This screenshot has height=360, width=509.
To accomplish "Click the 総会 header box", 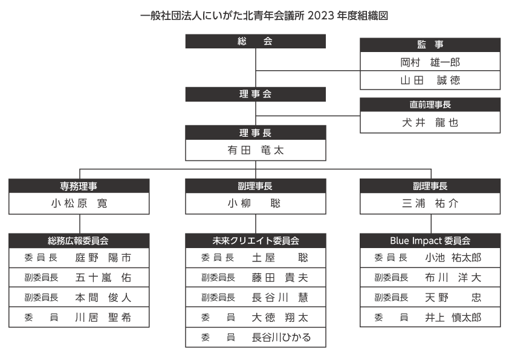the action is (256, 41).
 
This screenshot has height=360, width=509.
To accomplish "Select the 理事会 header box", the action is (256, 94).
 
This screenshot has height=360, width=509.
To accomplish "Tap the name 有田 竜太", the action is (256, 150).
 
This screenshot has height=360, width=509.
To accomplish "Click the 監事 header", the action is (430, 45).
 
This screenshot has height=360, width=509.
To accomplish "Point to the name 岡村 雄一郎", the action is (430, 62).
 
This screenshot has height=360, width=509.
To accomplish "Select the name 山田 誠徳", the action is (430, 80).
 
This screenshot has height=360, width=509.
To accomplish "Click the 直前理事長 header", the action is (430, 105).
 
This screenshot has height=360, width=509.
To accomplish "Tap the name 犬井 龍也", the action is (430, 122).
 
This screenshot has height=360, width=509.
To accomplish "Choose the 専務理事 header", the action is (79, 186).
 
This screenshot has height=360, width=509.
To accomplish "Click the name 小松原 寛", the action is (79, 203).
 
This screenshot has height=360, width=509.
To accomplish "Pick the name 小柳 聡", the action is (254, 203).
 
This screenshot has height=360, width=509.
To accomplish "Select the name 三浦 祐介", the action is (430, 203).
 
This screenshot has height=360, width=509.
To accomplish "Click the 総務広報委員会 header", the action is (79, 241).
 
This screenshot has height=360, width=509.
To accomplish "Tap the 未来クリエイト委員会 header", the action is (256, 241).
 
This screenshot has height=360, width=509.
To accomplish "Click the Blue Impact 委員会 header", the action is (430, 241).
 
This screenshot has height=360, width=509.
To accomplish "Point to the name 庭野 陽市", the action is (103, 258).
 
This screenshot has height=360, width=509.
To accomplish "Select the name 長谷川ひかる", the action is (281, 337).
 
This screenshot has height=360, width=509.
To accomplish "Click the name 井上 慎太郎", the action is (453, 317).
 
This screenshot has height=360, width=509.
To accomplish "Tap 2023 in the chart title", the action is (320, 16).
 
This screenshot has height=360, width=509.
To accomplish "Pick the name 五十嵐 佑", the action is (103, 278).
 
